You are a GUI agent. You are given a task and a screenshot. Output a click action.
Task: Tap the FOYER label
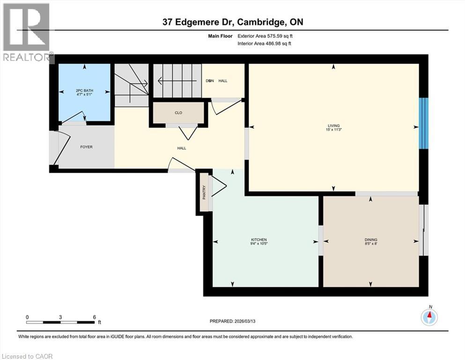pyautogui.click(x=86, y=147)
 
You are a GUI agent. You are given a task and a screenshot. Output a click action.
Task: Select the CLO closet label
pyautogui.click(x=178, y=112)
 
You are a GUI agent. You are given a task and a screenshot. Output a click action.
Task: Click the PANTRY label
pyautogui.click(x=204, y=192)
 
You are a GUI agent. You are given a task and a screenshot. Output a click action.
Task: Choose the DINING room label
pyautogui.click(x=371, y=240)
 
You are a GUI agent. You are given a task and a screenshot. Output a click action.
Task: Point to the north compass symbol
pyautogui.click(x=428, y=317)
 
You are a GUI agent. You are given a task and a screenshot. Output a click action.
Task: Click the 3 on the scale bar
pyautogui.click(x=60, y=317)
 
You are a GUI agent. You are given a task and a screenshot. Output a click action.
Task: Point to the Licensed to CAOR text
pyautogui.click(x=27, y=356)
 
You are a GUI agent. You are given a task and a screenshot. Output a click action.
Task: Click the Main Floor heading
pyautogui.click(x=221, y=36)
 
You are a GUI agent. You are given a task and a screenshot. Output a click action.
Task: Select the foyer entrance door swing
pyautogui.click(x=61, y=145)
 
